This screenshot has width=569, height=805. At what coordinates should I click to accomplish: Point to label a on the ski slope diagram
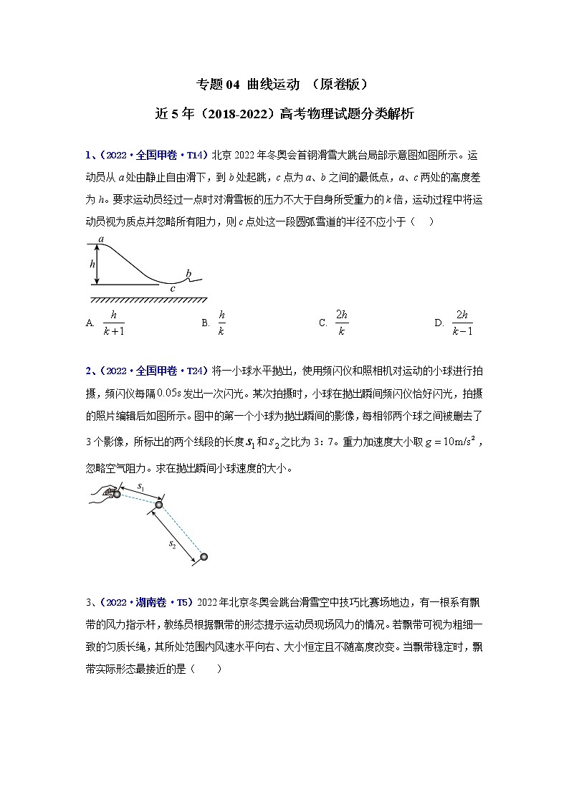click(x=102, y=239)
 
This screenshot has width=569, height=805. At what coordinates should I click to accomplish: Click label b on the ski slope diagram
click(x=188, y=273)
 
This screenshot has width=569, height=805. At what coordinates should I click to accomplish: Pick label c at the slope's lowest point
click(x=172, y=289)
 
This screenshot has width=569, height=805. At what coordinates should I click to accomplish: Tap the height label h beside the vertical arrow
click(x=92, y=264)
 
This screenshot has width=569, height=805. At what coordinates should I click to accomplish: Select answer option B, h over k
click(x=221, y=323)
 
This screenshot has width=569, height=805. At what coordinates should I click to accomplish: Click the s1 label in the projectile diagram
click(x=141, y=488)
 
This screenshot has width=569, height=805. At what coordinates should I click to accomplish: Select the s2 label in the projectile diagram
click(x=173, y=545)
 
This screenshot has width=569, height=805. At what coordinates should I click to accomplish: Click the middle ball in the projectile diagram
click(x=159, y=505)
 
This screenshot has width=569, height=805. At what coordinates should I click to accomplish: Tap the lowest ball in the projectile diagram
click(x=204, y=557)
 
